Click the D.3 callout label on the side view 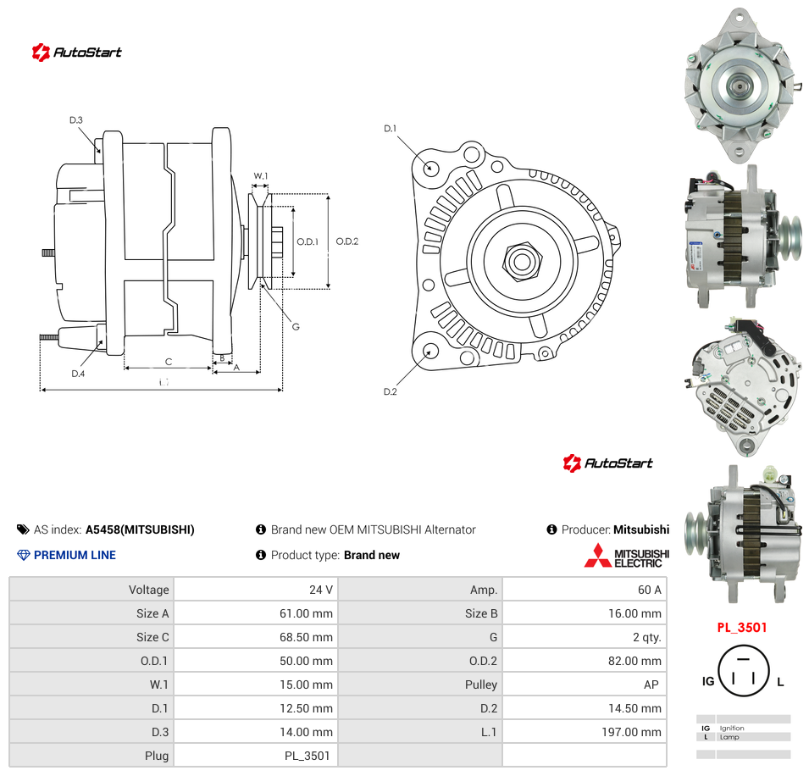76,120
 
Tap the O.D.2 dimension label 346,241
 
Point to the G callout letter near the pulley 296,327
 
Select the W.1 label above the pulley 261,176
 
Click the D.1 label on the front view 390,129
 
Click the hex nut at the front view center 522,262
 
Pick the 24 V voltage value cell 321,590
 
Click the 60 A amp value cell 650,590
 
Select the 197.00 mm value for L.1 631,732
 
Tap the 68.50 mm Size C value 306,637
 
